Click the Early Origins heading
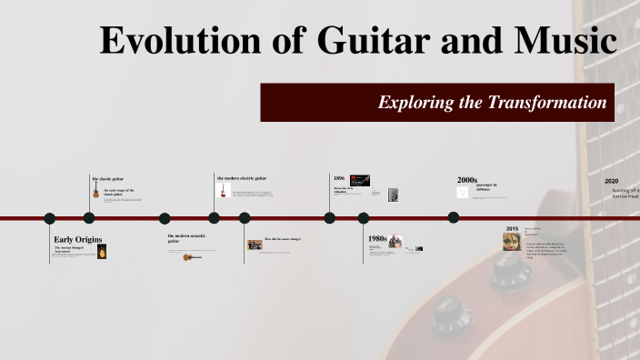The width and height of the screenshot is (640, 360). (x=78, y=239)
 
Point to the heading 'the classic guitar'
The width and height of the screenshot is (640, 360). (x=108, y=178)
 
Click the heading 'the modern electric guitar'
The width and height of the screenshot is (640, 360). (x=242, y=178)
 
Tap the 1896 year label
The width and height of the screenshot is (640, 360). (x=339, y=178)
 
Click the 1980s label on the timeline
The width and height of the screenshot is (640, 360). (x=377, y=238)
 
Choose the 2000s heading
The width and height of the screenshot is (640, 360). (x=467, y=180)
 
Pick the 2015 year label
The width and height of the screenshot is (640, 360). (x=512, y=228)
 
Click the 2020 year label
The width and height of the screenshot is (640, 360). (x=611, y=180)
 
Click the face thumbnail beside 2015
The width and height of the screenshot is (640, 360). (x=512, y=241)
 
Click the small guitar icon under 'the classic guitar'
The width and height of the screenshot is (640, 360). (x=95, y=193)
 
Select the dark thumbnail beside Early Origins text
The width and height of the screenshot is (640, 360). (x=102, y=252)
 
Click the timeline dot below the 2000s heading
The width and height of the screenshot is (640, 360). (x=454, y=217)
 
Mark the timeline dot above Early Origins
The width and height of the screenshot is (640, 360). (x=50, y=218)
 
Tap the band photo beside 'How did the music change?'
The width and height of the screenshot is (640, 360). (x=255, y=245)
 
